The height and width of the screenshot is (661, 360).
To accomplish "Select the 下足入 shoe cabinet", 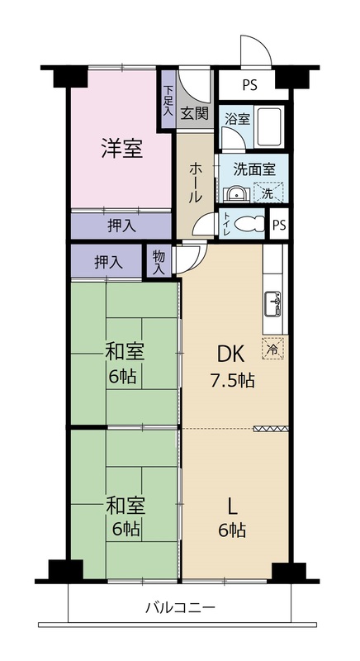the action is (168, 100).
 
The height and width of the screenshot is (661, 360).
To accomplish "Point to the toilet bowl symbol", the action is (249, 224).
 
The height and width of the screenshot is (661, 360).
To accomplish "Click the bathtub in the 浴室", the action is (270, 127).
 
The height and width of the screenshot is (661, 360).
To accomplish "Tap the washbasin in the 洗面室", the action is (237, 194).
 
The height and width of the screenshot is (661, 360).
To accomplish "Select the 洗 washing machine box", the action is (268, 193).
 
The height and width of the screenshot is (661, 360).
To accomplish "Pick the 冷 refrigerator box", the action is (274, 349).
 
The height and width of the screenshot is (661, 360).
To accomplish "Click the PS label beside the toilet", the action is (278, 224).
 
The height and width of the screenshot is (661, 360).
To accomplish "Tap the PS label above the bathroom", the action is (249, 86).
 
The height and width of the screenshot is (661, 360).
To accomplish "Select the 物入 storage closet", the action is (159, 262).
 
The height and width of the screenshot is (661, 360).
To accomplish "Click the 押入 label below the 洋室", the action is (121, 226).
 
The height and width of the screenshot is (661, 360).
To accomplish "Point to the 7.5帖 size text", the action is (232, 381).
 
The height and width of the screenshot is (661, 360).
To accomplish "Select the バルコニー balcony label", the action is (181, 607).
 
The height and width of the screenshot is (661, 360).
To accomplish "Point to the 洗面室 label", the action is (254, 169).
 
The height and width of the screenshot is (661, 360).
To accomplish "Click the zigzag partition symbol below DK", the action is (271, 429).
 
